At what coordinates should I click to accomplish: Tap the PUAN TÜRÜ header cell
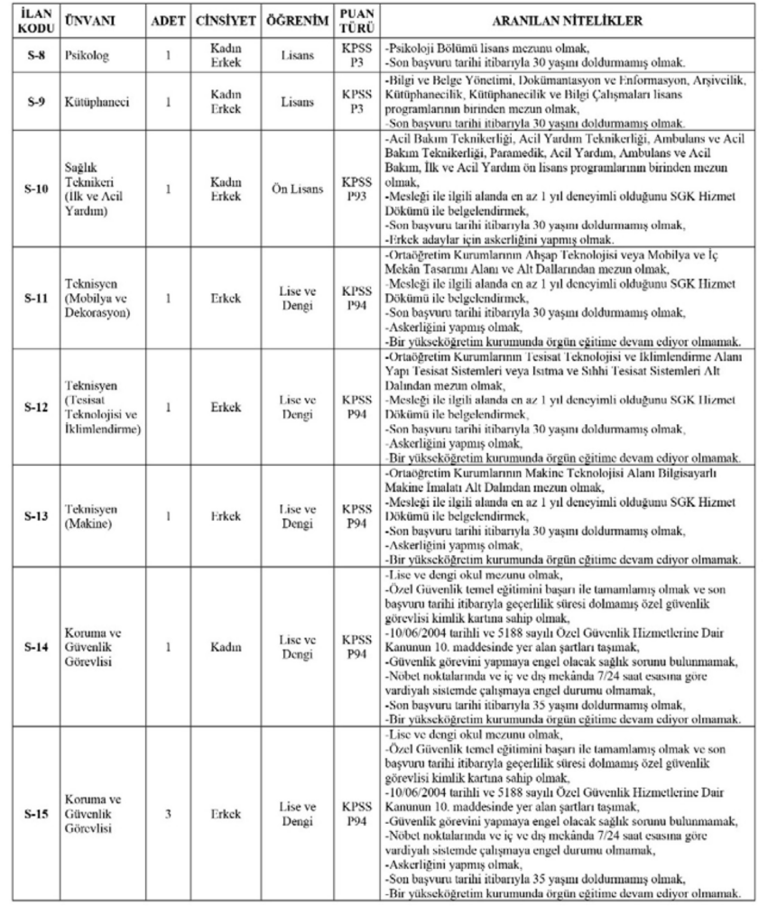click(x=351, y=19)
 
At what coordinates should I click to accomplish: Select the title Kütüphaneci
click(x=96, y=102)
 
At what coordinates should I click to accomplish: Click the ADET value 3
click(x=168, y=811)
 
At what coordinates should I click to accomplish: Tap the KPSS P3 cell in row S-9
click(x=351, y=102)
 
